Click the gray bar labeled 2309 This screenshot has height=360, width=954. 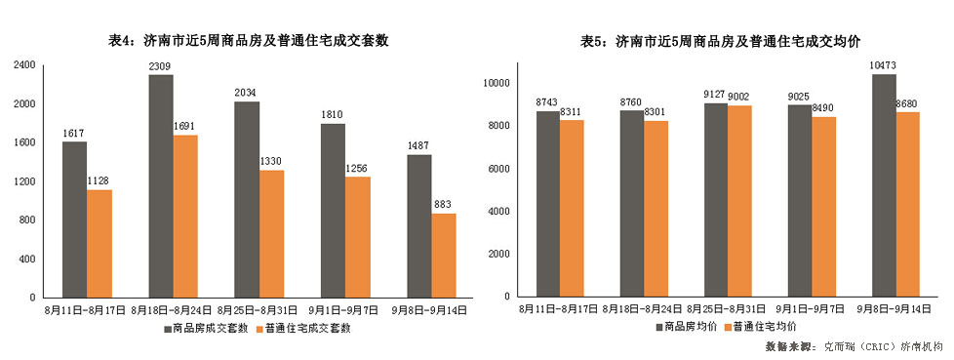pyautogui.click(x=161, y=185)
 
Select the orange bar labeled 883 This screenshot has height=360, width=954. pyautogui.click(x=443, y=255)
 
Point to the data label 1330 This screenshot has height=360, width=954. pyautogui.click(x=271, y=161)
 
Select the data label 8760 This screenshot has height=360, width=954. pyautogui.click(x=631, y=101)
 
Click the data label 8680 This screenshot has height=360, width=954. pyautogui.click(x=908, y=103)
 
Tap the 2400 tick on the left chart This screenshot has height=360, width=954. pyautogui.click(x=25, y=65)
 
